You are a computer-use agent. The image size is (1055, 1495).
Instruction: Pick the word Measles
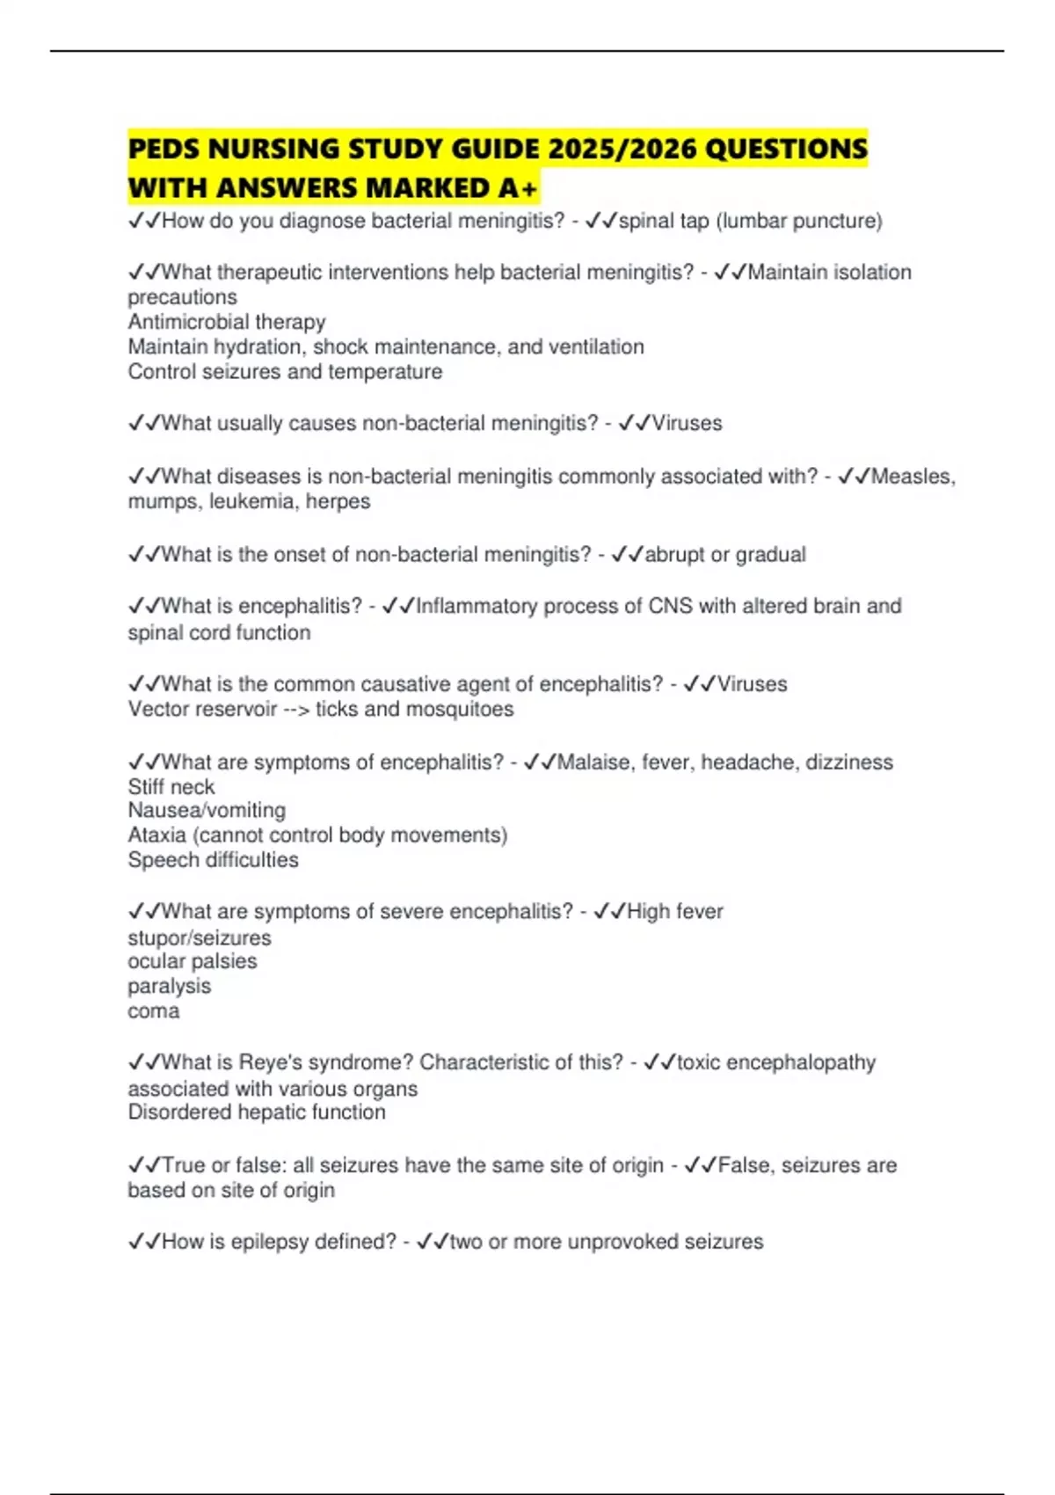[912, 476]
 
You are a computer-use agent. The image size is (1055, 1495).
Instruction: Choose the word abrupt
[674, 554]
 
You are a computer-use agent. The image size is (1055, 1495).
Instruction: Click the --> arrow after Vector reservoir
[296, 709]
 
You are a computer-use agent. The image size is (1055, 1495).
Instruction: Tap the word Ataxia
[156, 835]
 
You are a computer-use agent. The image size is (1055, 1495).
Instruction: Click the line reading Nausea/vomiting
[207, 810]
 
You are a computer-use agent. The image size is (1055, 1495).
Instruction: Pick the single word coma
[154, 1011]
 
